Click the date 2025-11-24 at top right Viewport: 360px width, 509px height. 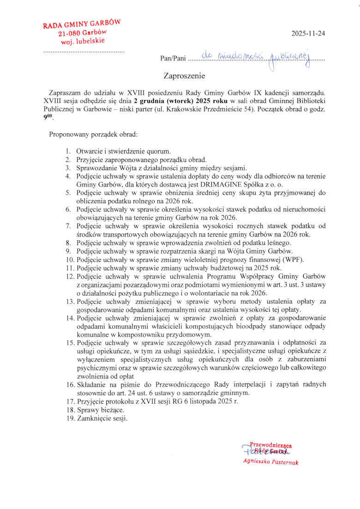(308, 33)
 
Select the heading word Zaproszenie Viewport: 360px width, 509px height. (184, 75)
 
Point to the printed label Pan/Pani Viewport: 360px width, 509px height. (173, 59)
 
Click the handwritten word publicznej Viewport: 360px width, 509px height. (289, 57)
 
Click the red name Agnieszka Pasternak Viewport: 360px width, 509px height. (270, 462)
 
